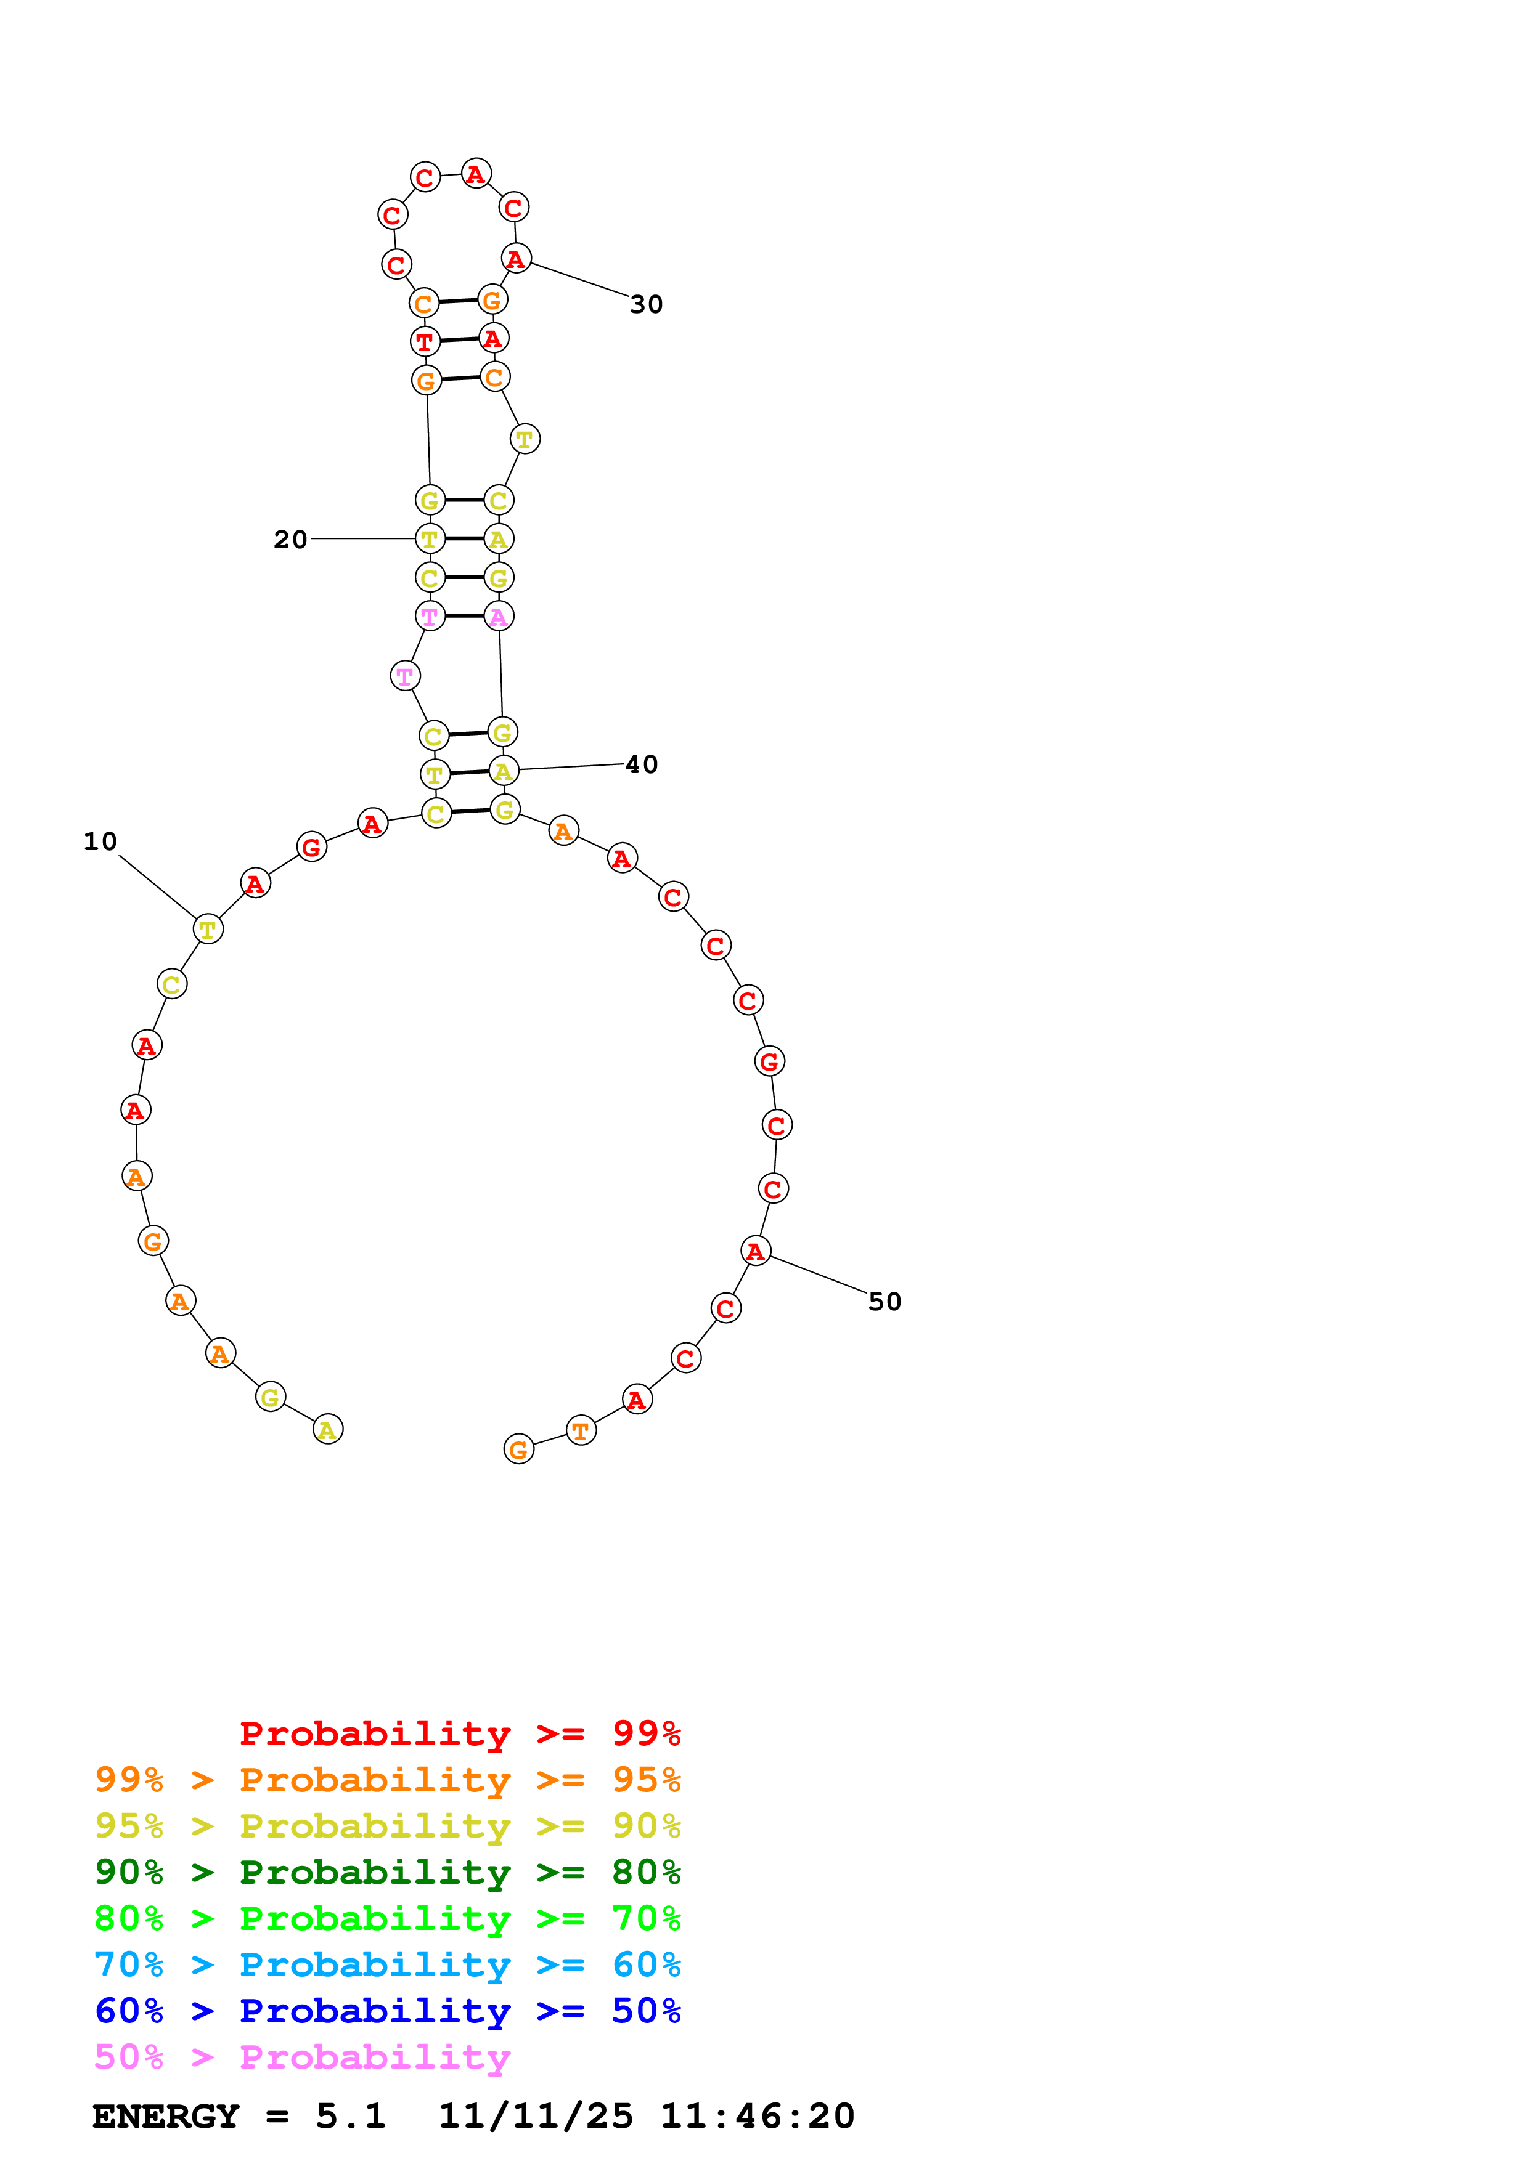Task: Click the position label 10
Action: tap(100, 841)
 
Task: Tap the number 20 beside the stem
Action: tap(290, 539)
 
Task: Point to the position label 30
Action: tap(646, 304)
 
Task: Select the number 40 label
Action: tap(641, 764)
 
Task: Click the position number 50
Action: tap(884, 1302)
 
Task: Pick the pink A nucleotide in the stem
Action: tap(498, 617)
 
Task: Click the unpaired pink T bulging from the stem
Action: tap(405, 676)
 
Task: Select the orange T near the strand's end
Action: tap(581, 1430)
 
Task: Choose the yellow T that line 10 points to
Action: tap(208, 929)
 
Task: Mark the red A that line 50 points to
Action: tap(755, 1251)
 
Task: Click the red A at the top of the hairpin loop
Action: tap(476, 173)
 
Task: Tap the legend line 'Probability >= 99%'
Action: tap(459, 1733)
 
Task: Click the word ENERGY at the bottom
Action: tap(166, 2116)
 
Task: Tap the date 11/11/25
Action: tap(536, 2116)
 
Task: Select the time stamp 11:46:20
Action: tap(757, 2116)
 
